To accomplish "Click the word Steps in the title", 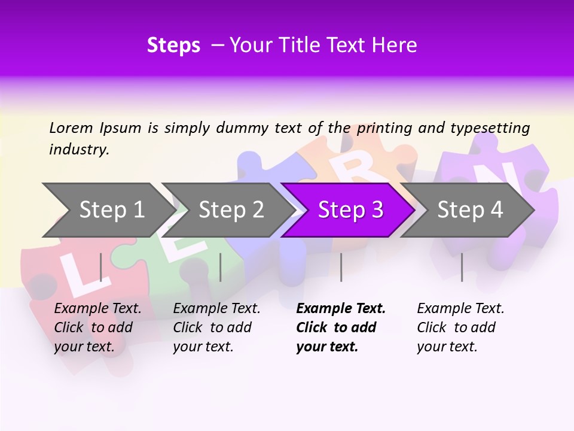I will [173, 45].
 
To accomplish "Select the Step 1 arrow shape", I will [108, 210].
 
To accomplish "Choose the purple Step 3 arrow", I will [350, 210].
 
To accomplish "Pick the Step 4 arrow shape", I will [469, 210].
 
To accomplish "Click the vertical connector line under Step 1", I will [101, 267].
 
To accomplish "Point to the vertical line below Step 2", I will [221, 267].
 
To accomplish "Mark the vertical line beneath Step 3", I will [341, 267].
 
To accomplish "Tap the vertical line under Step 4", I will [462, 267].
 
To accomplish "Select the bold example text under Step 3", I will [341, 327].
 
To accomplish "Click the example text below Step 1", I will [97, 327].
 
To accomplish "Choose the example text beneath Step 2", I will [216, 327].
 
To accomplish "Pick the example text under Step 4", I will [460, 327].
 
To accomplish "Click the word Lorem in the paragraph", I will [71, 128].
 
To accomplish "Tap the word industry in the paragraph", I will [79, 149].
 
